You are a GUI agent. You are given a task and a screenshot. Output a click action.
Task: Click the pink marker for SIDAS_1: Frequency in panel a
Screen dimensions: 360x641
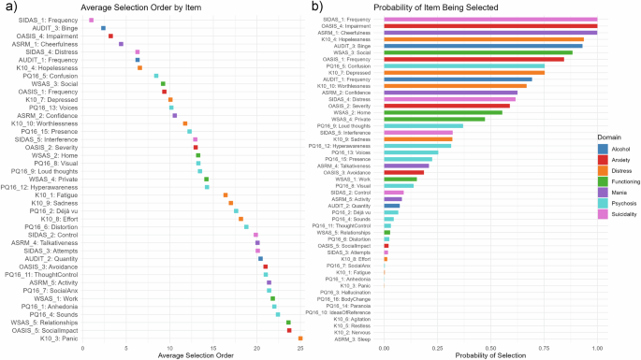pyautogui.click(x=91, y=20)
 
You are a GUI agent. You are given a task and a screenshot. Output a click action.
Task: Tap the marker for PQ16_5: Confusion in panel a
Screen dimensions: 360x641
pyautogui.click(x=156, y=76)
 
